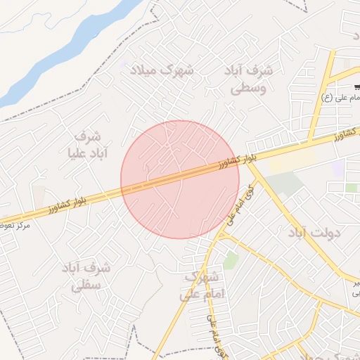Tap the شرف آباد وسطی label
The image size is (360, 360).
tap(250, 79)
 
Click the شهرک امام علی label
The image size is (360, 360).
tap(202, 286)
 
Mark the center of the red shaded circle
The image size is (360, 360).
tap(180, 179)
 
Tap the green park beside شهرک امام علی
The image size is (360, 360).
tap(231, 261)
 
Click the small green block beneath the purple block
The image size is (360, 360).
tap(351, 188)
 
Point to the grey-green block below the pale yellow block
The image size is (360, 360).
tap(284, 185)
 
